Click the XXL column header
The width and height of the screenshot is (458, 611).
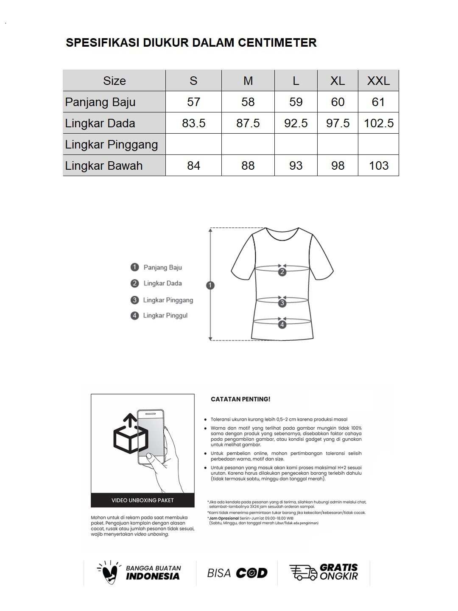378,81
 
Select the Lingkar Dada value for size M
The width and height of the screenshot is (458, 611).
248,123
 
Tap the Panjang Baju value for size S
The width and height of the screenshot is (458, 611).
193,102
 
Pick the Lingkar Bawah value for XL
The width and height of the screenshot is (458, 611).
338,165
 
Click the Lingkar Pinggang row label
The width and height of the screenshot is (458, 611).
112,144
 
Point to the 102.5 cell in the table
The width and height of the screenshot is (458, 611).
379,123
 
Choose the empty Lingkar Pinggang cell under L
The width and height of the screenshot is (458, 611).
296,144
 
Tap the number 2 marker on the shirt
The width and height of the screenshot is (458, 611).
282,272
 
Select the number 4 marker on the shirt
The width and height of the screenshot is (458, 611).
282,325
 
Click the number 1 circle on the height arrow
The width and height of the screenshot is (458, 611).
210,286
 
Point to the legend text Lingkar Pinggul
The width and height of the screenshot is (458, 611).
165,316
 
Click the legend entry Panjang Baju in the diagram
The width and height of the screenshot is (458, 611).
162,267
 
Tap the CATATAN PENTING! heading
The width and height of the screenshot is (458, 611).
240,399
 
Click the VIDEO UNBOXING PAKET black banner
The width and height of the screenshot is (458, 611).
142,500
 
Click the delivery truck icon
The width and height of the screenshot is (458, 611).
303,572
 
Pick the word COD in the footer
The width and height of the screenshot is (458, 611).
251,573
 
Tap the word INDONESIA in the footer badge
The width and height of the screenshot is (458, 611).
153,576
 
